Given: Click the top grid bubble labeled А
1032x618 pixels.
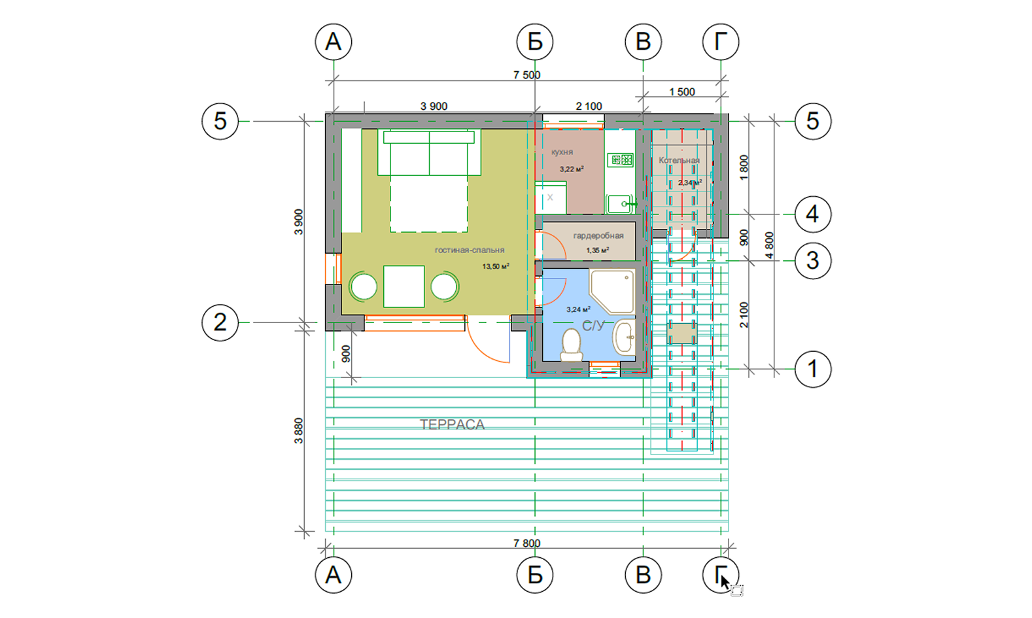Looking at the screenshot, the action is (334, 42).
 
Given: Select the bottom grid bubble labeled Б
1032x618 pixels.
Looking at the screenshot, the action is (535, 575).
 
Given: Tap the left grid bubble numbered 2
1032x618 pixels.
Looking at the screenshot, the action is (220, 322).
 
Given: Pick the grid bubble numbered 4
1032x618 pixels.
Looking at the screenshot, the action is (813, 215).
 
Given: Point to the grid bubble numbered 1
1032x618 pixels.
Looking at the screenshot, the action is (813, 369).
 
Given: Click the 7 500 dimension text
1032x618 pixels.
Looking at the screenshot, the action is (527, 75).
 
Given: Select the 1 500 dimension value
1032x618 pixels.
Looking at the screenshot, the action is (682, 92).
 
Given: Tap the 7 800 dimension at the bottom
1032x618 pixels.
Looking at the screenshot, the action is (527, 543).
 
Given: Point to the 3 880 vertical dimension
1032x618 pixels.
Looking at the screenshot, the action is (298, 430).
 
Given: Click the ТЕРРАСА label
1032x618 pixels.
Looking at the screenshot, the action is (452, 424).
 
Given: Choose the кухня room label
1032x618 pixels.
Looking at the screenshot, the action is (562, 152).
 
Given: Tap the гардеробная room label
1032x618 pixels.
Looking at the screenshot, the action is (598, 235).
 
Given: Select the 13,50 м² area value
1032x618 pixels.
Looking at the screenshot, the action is (496, 266).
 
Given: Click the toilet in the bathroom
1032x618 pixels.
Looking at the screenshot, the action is (572, 344).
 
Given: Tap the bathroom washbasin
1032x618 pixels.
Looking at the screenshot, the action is (625, 337).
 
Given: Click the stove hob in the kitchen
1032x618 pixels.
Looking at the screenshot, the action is (621, 160).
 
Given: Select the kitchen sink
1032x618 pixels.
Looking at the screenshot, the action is (620, 203).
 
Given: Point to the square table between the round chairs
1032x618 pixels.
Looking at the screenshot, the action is (404, 286).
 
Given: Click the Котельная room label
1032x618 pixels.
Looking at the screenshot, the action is (679, 160).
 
